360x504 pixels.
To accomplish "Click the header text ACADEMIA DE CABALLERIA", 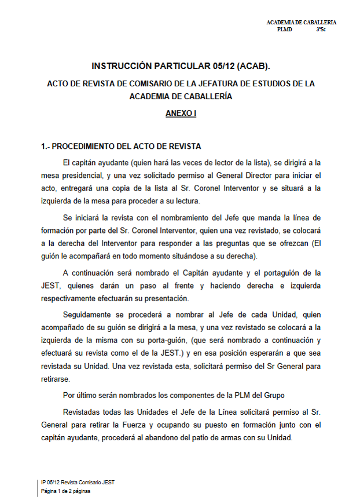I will [301, 22].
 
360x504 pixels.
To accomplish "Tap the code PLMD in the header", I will [285, 29].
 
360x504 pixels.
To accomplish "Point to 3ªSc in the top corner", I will [321, 29].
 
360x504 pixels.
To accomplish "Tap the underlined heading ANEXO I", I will [181, 114].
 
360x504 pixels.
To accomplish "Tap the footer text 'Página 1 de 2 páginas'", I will [65, 491].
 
